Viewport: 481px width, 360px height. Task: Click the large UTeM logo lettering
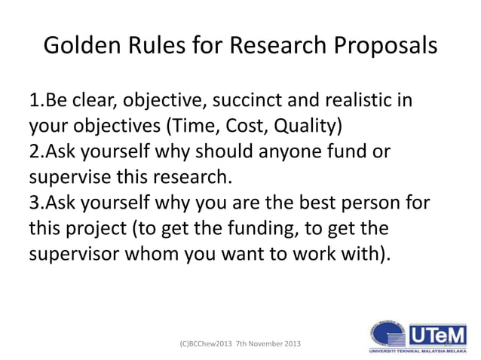(x=437, y=332)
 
